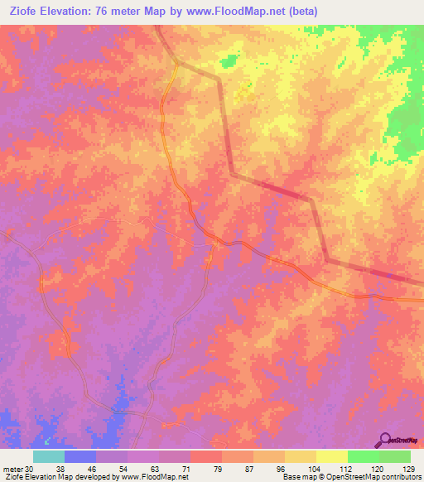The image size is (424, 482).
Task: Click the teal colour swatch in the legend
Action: pyautogui.click(x=49, y=456)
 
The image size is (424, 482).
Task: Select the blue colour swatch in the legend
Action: pyautogui.click(x=80, y=456)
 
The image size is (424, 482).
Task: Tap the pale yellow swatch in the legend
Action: pyautogui.click(x=331, y=456)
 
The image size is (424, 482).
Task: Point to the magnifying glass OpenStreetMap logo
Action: pyautogui.click(x=385, y=440)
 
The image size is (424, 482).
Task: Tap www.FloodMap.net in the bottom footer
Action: pyautogui.click(x=155, y=477)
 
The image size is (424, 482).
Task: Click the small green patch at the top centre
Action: pyautogui.click(x=228, y=61)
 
